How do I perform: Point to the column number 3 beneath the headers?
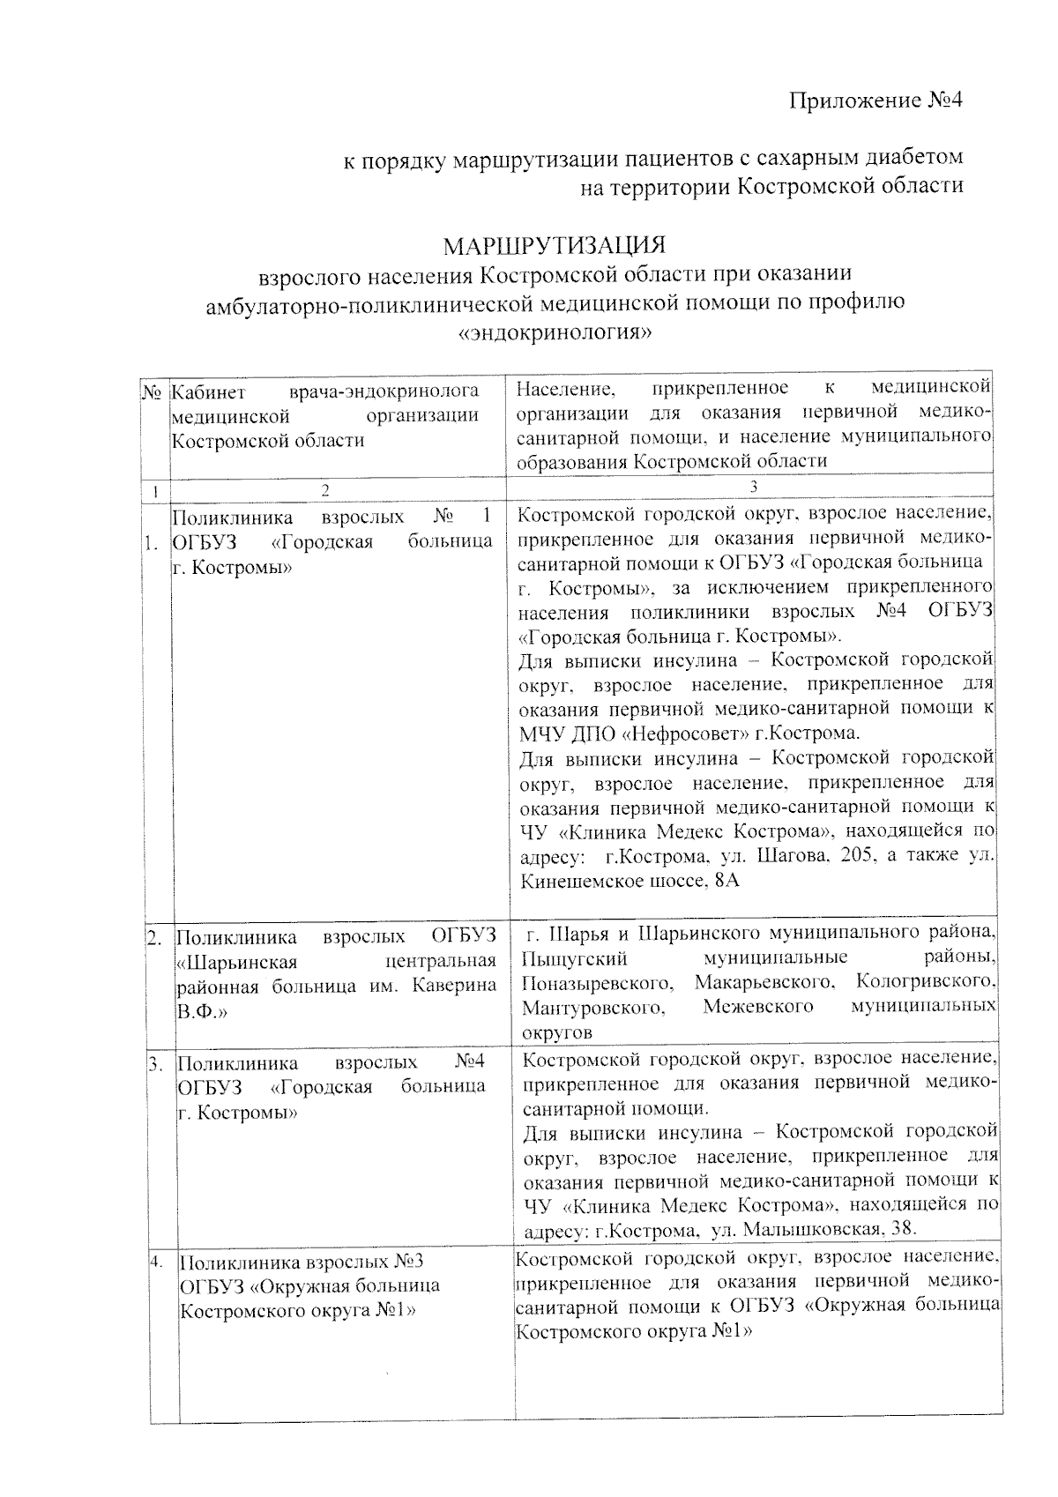pos(753,486)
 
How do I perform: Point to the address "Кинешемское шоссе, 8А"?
pos(630,881)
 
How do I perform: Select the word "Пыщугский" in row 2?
pos(574,958)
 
